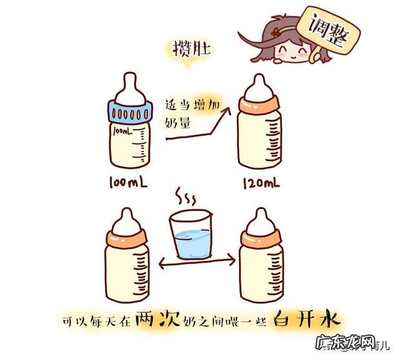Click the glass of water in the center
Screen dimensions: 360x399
pos(193,237)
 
